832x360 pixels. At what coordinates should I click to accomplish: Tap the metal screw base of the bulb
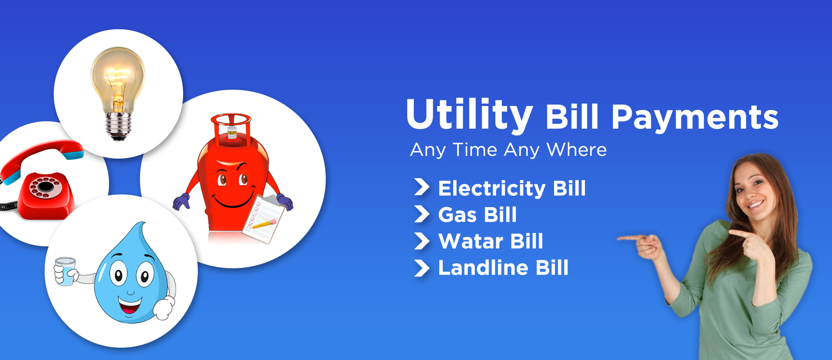[118, 127]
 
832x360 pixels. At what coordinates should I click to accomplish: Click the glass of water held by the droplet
[65, 272]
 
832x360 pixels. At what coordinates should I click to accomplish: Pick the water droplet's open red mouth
[130, 305]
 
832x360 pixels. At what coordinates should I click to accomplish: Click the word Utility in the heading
[469, 115]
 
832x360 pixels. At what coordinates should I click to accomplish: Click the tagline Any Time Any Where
[508, 150]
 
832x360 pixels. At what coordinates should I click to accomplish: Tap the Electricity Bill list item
[511, 188]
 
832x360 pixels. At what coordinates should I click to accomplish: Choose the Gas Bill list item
[477, 215]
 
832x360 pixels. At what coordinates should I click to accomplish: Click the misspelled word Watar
[471, 241]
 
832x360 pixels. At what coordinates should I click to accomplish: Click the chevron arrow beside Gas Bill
[422, 215]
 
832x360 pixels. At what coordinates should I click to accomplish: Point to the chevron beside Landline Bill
[422, 268]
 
